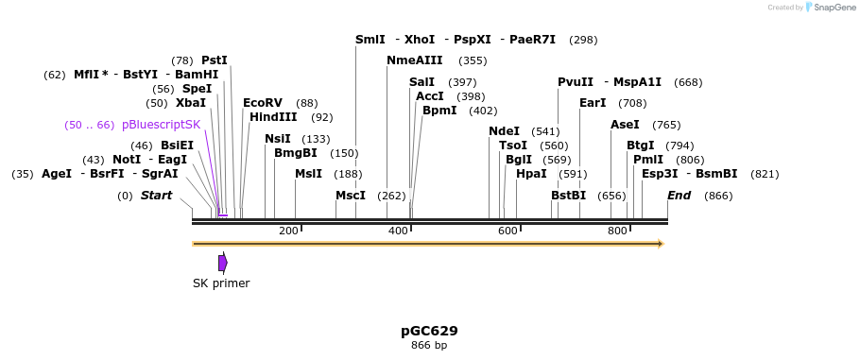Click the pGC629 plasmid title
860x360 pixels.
coord(429,331)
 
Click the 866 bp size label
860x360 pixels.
coord(429,346)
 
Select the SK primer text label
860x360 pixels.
coord(221,283)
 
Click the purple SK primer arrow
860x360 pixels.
coord(223,263)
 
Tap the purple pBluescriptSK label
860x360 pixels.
coord(161,125)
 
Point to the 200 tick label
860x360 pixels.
coord(288,231)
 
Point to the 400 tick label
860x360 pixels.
coord(398,231)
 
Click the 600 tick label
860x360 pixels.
coord(507,231)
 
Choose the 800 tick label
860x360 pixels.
coord(617,231)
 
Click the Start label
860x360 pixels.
coord(157,196)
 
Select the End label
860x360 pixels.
coord(679,196)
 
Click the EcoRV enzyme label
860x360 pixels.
coord(263,103)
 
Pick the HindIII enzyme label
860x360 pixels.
coord(273,117)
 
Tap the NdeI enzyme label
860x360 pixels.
coord(504,131)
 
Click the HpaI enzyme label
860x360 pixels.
coord(531,174)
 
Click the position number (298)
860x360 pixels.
coord(583,40)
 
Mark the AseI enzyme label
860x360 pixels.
coord(625,125)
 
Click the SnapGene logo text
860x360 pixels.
coord(835,7)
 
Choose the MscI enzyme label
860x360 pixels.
coord(351,196)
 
